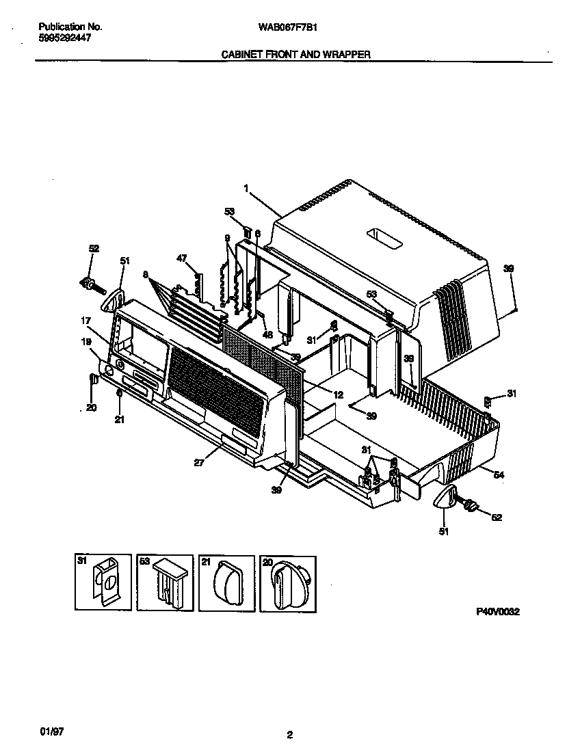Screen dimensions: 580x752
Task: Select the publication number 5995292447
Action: tap(65, 36)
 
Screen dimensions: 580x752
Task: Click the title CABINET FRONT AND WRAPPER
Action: tap(295, 54)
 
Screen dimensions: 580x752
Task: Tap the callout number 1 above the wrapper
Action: tap(246, 189)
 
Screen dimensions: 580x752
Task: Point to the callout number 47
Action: tap(181, 258)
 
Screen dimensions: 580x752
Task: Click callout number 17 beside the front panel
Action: tap(86, 321)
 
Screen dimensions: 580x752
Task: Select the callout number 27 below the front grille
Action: tap(199, 462)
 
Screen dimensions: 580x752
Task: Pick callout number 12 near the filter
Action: tap(338, 394)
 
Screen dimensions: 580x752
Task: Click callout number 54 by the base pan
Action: tap(499, 475)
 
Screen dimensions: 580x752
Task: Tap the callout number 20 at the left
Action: tap(91, 407)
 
